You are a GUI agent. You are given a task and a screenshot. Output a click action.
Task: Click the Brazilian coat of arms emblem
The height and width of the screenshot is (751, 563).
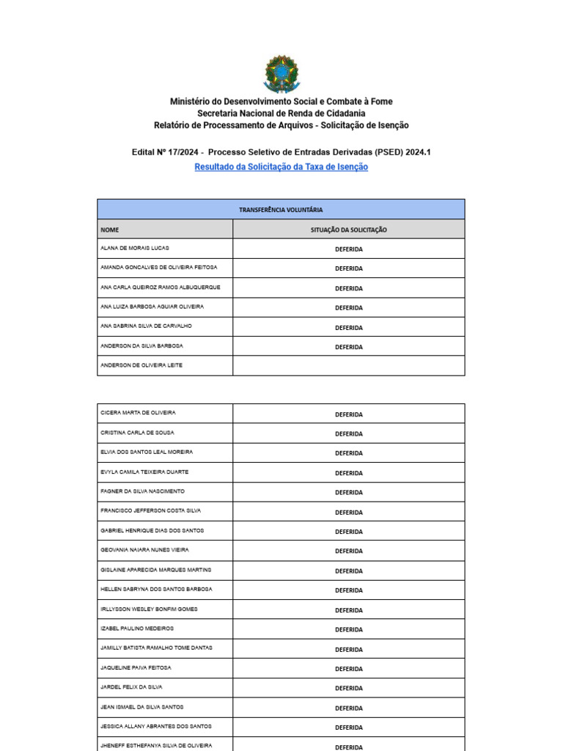[281, 73]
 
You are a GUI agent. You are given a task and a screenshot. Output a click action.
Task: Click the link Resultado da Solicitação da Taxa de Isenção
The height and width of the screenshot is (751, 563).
[281, 167]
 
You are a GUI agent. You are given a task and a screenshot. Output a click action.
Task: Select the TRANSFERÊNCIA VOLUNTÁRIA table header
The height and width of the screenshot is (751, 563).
[281, 210]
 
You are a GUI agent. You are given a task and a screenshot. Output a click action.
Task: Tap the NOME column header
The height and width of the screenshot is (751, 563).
[109, 230]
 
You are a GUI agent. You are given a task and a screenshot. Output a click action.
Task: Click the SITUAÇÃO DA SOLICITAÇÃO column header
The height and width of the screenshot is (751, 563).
[349, 230]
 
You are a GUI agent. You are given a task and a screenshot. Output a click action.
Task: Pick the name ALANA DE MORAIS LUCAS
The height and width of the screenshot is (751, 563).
[135, 248]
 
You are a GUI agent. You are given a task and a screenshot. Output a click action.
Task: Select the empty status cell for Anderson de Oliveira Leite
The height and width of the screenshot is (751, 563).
[349, 366]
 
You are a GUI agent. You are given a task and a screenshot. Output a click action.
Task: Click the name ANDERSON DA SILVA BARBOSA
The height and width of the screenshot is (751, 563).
[141, 345]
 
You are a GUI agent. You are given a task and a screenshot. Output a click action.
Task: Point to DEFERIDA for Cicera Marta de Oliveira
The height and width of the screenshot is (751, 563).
[349, 414]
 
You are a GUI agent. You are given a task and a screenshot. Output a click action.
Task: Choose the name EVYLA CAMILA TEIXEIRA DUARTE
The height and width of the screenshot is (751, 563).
[144, 472]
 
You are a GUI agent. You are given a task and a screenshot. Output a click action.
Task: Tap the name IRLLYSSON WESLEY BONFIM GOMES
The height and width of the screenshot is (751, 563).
[149, 609]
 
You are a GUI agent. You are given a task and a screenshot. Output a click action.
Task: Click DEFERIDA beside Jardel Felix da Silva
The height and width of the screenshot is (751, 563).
[349, 688]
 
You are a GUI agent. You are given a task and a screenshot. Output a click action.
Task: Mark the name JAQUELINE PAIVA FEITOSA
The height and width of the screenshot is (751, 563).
[136, 668]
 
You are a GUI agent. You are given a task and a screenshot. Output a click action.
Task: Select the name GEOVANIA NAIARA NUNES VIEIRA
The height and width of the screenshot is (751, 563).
[144, 550]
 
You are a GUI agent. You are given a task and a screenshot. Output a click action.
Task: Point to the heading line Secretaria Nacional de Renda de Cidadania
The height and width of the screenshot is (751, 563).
[281, 114]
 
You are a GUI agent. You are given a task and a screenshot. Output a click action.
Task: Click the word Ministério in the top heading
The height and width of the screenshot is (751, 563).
[189, 101]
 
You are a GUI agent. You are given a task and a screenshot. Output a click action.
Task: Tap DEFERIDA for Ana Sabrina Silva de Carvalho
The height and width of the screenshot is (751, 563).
[349, 328]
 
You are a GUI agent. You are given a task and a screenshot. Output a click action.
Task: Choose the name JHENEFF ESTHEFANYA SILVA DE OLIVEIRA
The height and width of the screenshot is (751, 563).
[156, 745]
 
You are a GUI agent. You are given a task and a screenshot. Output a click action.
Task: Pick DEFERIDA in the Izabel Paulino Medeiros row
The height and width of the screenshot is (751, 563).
[349, 629]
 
